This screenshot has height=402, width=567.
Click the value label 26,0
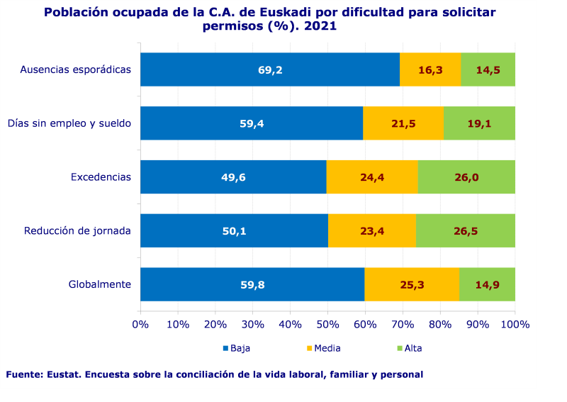click(466, 177)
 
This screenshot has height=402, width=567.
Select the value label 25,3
click(412, 285)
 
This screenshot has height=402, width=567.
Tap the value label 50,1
click(234, 231)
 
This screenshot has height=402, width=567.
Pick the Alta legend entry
click(412, 348)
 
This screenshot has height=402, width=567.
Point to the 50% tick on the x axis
click(327, 325)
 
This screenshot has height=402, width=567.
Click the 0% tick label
click(140, 325)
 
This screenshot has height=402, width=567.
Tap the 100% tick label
click(515, 325)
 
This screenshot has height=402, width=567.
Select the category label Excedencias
click(101, 177)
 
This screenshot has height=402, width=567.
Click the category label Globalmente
click(99, 285)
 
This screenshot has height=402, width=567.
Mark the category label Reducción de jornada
click(77, 231)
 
